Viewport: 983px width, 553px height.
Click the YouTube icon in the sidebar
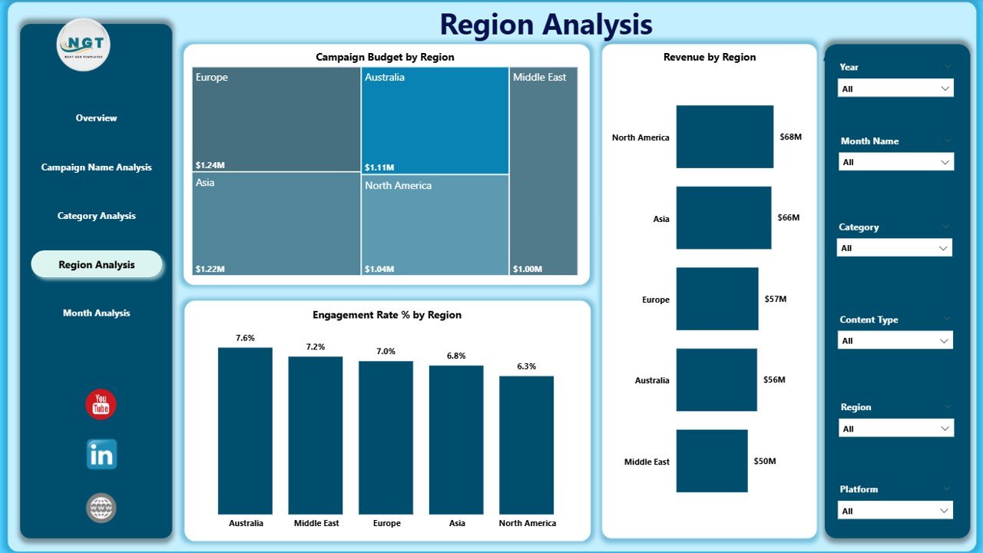pos(101,404)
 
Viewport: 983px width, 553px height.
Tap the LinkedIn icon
pos(101,455)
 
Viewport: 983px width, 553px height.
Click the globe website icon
pos(101,508)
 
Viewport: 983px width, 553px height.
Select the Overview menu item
pos(96,118)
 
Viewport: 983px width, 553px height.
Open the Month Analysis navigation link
pos(96,313)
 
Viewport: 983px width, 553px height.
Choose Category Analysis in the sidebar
pos(96,216)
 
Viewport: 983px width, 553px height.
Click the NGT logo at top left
pos(84,45)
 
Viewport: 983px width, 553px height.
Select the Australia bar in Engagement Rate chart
pos(245,430)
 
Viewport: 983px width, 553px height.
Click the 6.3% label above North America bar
pos(527,366)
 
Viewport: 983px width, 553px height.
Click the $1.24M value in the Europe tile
pos(210,165)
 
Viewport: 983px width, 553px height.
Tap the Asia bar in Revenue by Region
pos(723,218)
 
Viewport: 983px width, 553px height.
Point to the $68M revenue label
pos(791,137)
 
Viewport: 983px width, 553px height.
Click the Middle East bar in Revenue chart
pos(711,461)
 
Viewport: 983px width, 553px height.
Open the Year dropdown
pos(895,88)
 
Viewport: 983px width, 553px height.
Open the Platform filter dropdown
pos(895,511)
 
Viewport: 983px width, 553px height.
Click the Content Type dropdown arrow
pos(945,340)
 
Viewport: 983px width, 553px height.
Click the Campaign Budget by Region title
pos(385,58)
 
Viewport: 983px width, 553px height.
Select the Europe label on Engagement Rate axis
pos(386,523)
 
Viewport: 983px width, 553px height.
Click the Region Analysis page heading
pos(546,25)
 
